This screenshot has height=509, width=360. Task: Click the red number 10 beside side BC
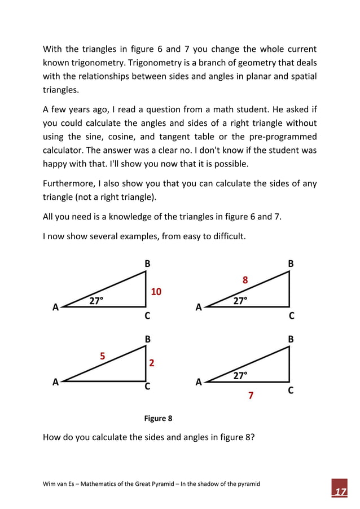[x=156, y=291]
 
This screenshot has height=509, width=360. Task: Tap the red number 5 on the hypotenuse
[x=103, y=356]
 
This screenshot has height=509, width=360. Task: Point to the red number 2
[x=152, y=363]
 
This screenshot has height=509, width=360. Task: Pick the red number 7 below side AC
[x=251, y=396]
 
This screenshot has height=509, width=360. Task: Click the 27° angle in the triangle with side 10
[x=96, y=301]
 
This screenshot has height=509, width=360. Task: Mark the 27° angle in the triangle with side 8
[x=240, y=301]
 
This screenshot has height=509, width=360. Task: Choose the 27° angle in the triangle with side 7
[x=240, y=375]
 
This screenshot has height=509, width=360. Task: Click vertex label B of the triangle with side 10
[x=147, y=264]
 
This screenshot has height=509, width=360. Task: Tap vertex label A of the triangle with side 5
[x=56, y=381]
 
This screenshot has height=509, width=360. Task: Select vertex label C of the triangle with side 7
[x=291, y=390]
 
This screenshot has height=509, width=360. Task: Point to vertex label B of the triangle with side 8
[x=291, y=264]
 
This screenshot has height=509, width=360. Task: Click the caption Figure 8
[x=158, y=418]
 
